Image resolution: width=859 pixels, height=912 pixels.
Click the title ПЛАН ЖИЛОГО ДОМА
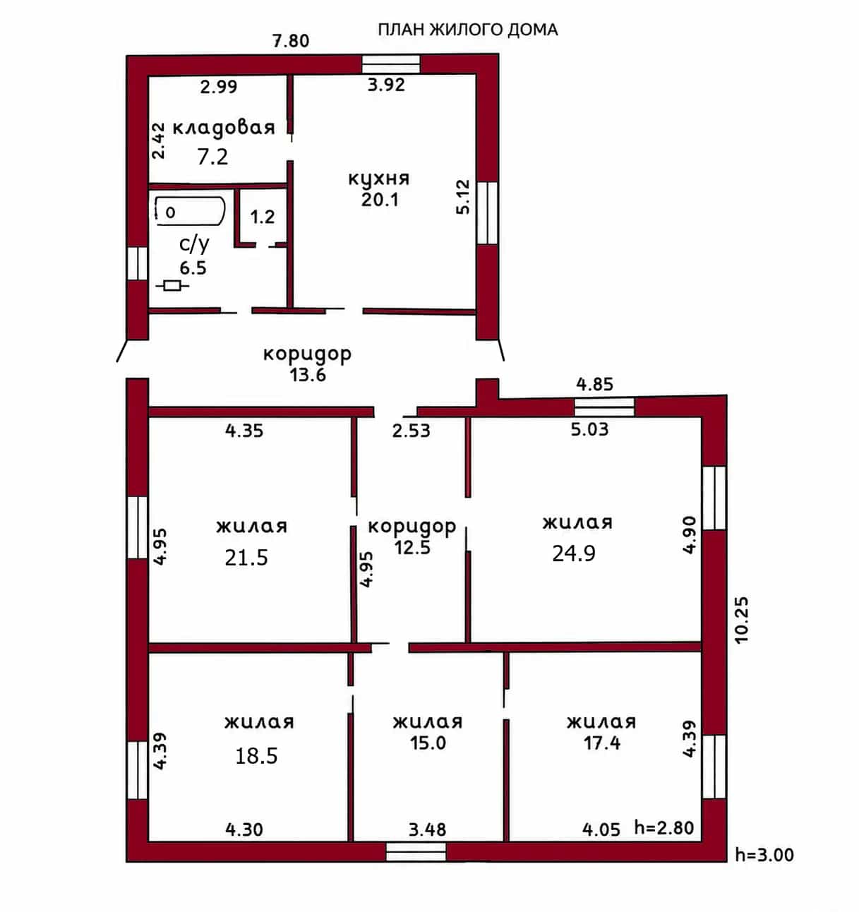tap(468, 30)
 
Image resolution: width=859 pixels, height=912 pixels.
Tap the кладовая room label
tap(224, 128)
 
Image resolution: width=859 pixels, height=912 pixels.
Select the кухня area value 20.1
tap(380, 200)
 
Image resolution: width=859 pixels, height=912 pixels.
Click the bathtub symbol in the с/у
tap(190, 211)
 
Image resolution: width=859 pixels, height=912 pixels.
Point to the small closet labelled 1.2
tap(263, 217)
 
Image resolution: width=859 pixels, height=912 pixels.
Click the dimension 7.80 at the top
tap(291, 41)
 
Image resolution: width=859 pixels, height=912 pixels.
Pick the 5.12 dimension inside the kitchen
tap(464, 197)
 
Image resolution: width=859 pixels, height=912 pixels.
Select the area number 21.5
tap(246, 558)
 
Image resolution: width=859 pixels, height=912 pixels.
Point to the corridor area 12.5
tap(412, 548)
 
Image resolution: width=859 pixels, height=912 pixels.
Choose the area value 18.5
tap(256, 755)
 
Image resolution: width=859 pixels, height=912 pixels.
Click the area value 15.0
tap(428, 743)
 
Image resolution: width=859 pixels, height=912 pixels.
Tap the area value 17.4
tap(602, 743)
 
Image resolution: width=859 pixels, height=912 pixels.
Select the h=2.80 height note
tap(663, 827)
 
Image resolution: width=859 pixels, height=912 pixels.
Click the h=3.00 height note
tap(764, 855)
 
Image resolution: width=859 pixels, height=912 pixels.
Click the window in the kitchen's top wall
tap(391, 64)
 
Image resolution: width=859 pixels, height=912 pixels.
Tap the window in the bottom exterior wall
tap(416, 852)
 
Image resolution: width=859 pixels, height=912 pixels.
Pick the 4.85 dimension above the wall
tap(594, 385)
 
